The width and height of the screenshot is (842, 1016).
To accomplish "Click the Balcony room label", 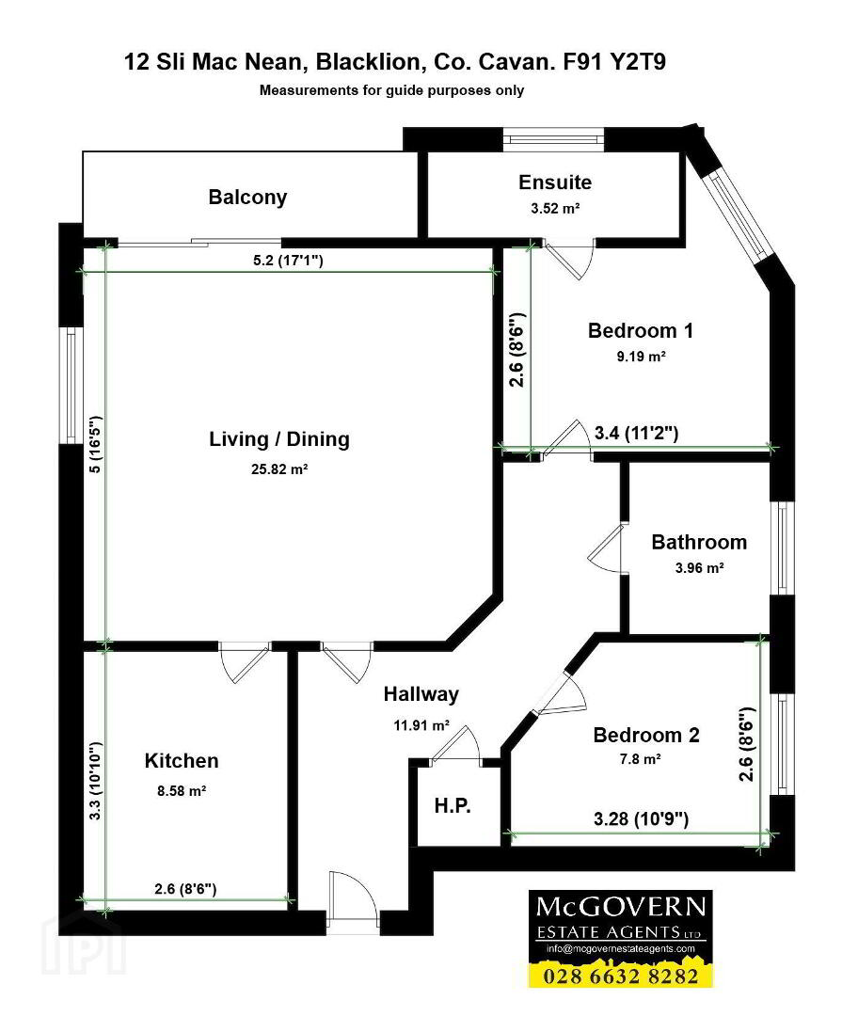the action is pyautogui.click(x=247, y=198).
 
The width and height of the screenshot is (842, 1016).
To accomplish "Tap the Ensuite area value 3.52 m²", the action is pyautogui.click(x=555, y=209).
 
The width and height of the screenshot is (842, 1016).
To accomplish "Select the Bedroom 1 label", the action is pyautogui.click(x=641, y=330).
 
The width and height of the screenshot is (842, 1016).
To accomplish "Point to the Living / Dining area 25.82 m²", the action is pyautogui.click(x=279, y=469).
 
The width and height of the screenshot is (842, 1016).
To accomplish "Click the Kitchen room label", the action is pyautogui.click(x=182, y=761).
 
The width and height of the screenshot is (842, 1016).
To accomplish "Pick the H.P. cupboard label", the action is pyautogui.click(x=453, y=806).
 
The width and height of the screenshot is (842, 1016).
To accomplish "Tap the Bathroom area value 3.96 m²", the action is pyautogui.click(x=699, y=568).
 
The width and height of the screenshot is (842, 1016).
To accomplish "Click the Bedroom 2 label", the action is pyautogui.click(x=646, y=736).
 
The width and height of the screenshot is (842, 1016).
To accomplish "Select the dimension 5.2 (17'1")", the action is pyautogui.click(x=288, y=261).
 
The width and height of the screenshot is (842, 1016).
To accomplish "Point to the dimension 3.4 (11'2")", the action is pyautogui.click(x=637, y=433).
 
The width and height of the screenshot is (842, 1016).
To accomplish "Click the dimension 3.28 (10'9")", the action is pyautogui.click(x=641, y=819).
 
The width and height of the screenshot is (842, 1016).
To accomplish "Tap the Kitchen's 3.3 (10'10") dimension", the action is pyautogui.click(x=96, y=782).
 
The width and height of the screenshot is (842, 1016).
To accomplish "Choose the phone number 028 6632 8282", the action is pyautogui.click(x=622, y=976).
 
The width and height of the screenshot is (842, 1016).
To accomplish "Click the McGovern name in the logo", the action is pyautogui.click(x=621, y=907).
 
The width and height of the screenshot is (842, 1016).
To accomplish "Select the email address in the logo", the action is pyautogui.click(x=620, y=948).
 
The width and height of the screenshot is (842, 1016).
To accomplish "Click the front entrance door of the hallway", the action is pyautogui.click(x=354, y=902).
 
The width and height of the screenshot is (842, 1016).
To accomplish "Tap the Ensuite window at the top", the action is pyautogui.click(x=553, y=138).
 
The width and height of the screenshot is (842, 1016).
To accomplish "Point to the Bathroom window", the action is pyautogui.click(x=783, y=548).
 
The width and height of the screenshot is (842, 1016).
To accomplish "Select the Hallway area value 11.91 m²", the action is pyautogui.click(x=421, y=725).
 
